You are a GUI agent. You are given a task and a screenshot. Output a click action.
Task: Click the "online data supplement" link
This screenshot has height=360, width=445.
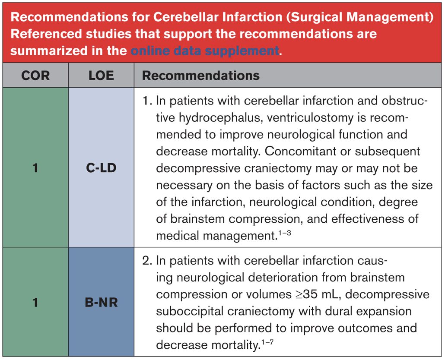point(205,51)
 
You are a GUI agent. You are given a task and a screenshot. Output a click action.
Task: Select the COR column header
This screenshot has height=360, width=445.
point(35,76)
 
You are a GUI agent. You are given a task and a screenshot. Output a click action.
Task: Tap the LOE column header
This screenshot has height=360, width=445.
point(102,76)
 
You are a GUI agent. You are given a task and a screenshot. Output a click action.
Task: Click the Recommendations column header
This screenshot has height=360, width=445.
point(200,76)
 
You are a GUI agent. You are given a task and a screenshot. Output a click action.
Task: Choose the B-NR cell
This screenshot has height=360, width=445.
point(102,302)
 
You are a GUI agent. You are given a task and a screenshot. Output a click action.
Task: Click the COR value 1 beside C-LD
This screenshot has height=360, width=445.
point(35,168)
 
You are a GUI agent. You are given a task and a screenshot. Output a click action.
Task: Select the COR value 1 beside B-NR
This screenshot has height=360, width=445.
point(35,302)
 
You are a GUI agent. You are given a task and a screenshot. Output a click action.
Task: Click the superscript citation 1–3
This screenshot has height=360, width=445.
point(285,233)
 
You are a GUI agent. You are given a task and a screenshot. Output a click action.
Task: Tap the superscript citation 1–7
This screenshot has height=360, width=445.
point(267,342)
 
